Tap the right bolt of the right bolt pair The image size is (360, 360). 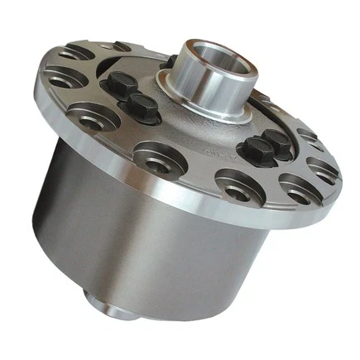[276, 142]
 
